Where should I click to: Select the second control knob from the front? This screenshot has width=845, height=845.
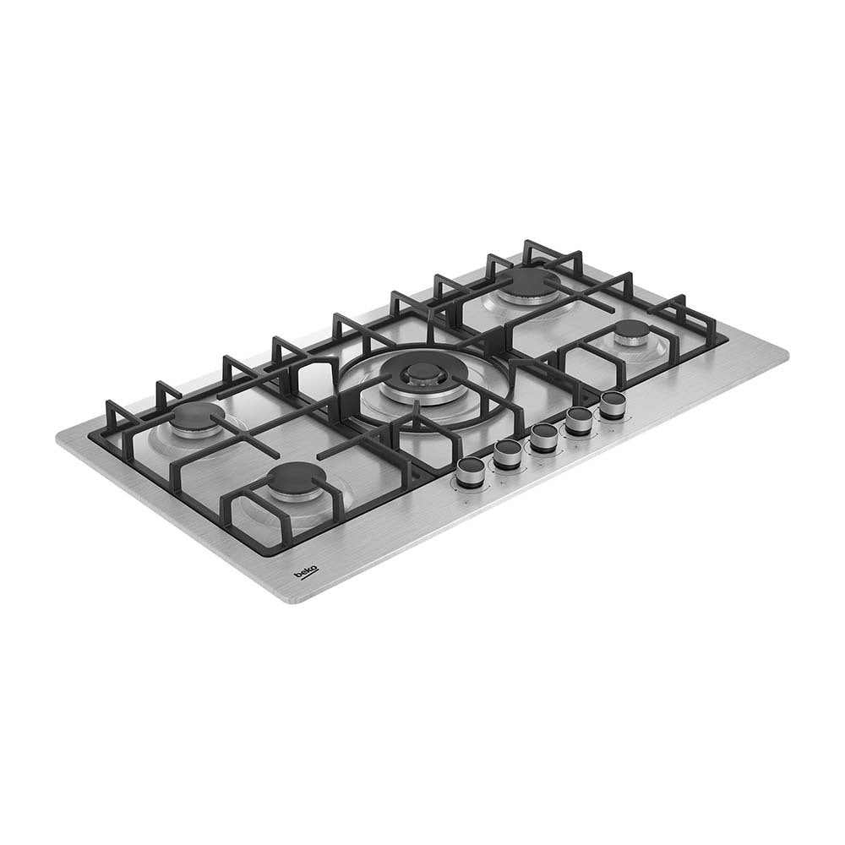point(506,454)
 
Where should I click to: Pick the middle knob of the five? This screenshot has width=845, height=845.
point(543,437)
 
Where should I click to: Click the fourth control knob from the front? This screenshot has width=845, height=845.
point(580,420)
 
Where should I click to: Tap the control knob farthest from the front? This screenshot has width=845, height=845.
point(613,406)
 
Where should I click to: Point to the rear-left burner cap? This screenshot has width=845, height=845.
point(201,416)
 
